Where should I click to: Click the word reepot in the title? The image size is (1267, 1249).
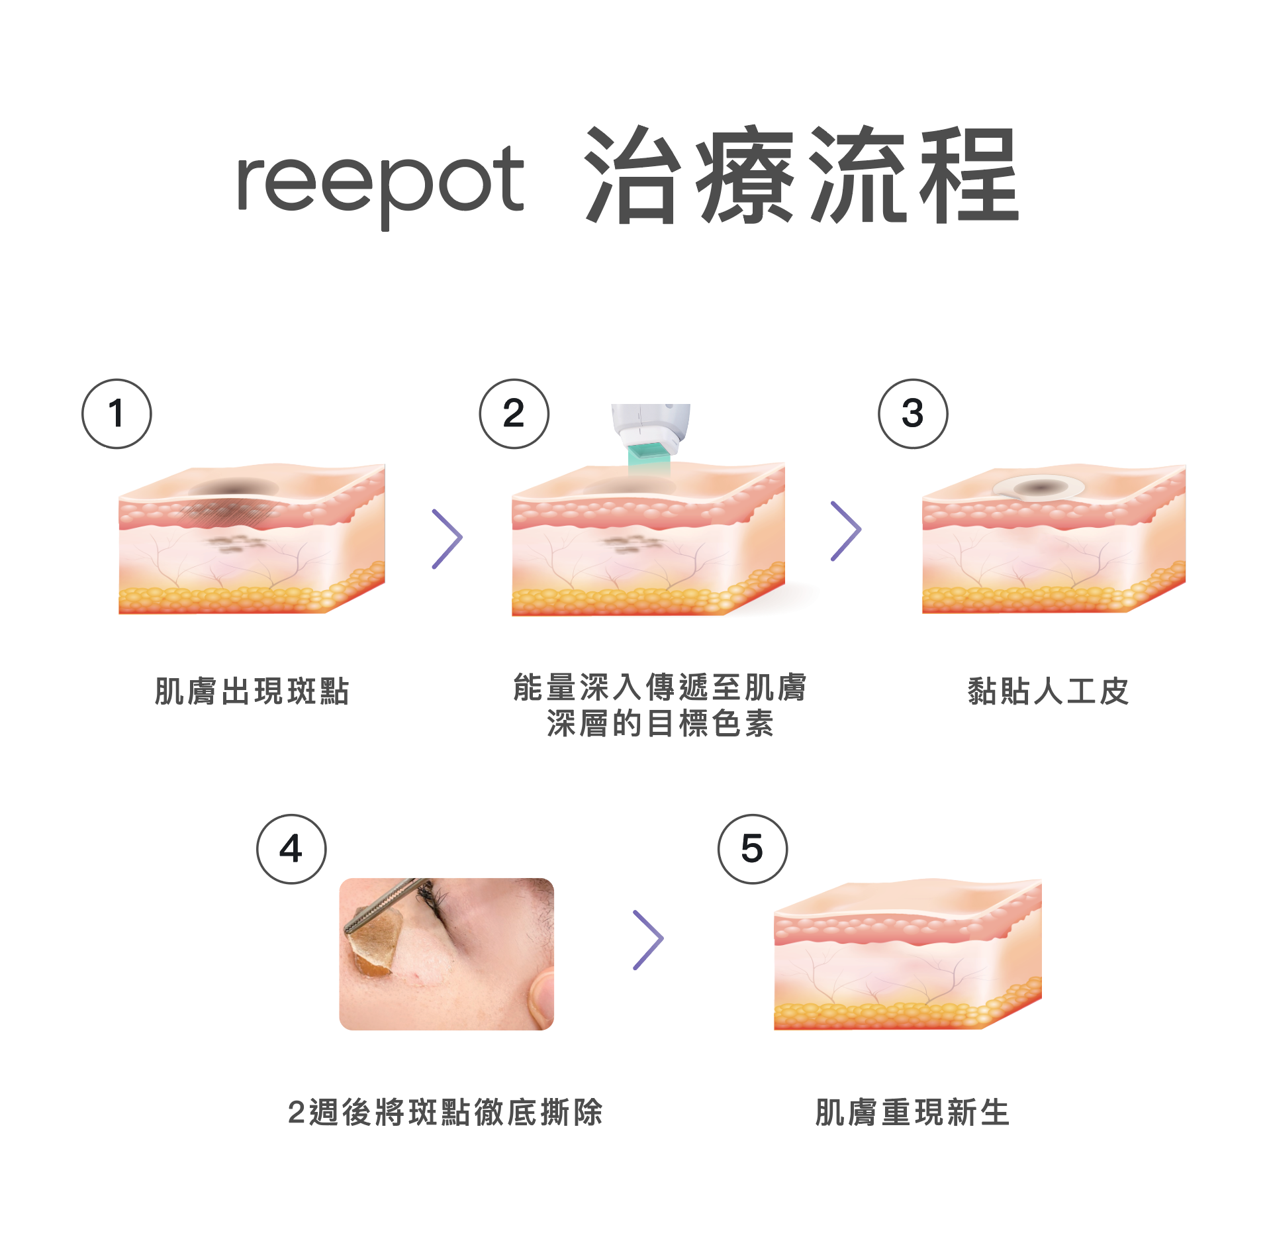pos(381,185)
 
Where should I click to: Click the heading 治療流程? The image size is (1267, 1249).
pos(802,175)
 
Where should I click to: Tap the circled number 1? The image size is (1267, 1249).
pos(117,414)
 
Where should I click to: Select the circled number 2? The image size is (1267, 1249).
pos(514,414)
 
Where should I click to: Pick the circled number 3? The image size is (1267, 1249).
pos(913,414)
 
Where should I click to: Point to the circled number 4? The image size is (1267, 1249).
pos(291,849)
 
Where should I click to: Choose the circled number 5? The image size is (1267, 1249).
pos(753,849)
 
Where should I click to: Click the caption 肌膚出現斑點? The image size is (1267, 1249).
pos(252,691)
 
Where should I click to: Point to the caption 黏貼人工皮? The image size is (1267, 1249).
pos(1048,691)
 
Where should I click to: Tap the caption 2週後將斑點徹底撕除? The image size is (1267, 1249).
pos(445,1113)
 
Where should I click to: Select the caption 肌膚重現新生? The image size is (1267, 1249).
pos(912,1113)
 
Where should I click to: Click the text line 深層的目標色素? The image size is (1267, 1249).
pos(660,723)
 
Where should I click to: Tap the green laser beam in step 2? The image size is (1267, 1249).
pos(649,461)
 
